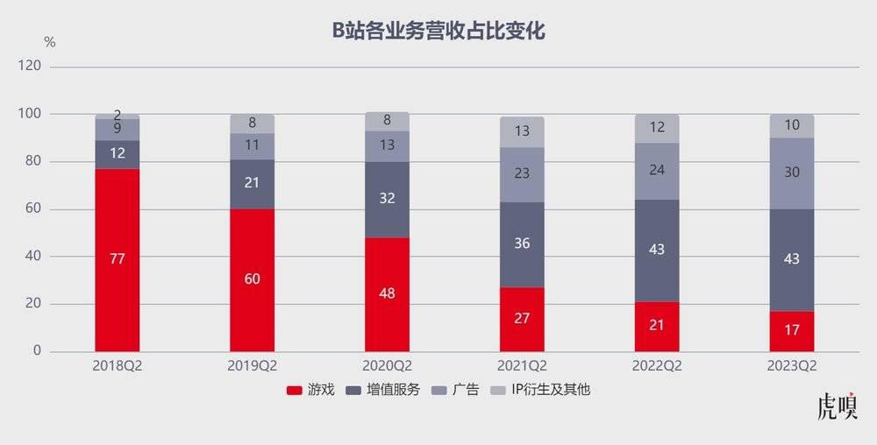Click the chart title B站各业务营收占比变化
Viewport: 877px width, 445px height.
pyautogui.click(x=438, y=32)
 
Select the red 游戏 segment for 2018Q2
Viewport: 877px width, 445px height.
pyautogui.click(x=118, y=289)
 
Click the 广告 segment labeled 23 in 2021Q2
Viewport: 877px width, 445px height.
pyautogui.click(x=522, y=174)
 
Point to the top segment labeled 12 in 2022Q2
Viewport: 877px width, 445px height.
pyautogui.click(x=657, y=128)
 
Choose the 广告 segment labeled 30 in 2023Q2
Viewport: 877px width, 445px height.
pyautogui.click(x=792, y=173)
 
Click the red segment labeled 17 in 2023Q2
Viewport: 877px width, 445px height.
pyautogui.click(x=792, y=331)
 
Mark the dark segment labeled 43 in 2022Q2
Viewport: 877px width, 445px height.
pyautogui.click(x=657, y=251)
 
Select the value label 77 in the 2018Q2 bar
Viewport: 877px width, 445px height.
pyautogui.click(x=118, y=259)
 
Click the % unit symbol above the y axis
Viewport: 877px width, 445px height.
pyautogui.click(x=49, y=42)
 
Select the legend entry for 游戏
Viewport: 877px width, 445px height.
pyautogui.click(x=311, y=390)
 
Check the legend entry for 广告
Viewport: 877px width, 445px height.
pyautogui.click(x=458, y=390)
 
